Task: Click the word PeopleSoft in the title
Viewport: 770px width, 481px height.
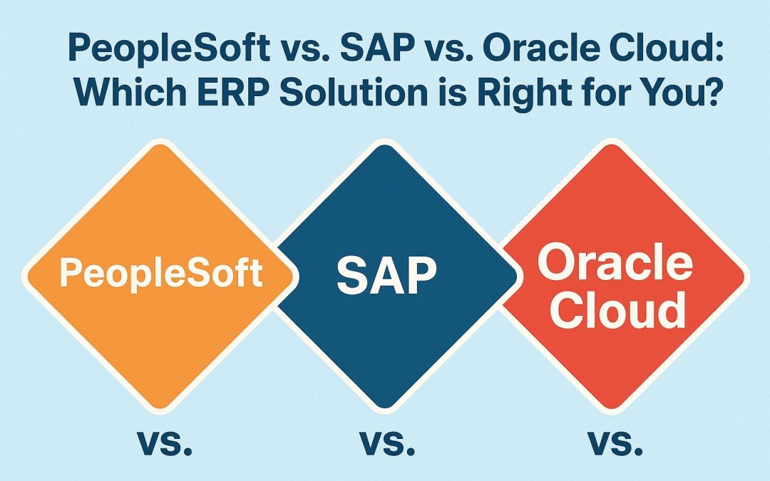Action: pyautogui.click(x=170, y=49)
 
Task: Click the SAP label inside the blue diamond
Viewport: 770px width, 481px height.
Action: pyautogui.click(x=386, y=275)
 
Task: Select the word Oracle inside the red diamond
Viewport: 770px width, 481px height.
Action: pyautogui.click(x=615, y=262)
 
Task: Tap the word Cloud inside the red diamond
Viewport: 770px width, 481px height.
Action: pyautogui.click(x=617, y=310)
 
